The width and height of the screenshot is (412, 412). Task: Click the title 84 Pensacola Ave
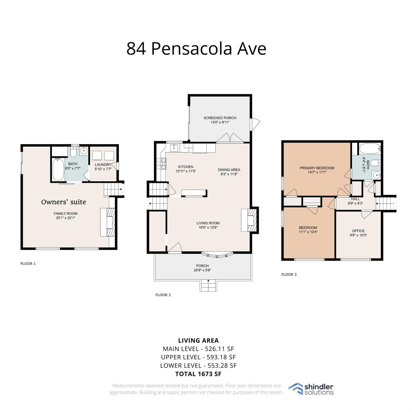point(196,48)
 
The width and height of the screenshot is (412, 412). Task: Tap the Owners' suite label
point(64,202)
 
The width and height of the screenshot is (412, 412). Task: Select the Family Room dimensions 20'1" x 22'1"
point(65,218)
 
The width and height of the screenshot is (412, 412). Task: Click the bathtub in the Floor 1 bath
point(58,170)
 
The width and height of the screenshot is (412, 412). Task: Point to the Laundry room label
point(103,165)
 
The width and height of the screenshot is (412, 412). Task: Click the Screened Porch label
point(220,118)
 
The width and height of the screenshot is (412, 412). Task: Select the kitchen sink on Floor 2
point(174,148)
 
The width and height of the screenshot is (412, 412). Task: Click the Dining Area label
point(229,170)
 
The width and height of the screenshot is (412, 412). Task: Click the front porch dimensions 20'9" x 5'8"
point(203,270)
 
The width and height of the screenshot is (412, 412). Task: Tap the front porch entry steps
point(208,286)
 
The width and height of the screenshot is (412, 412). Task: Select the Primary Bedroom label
point(317,168)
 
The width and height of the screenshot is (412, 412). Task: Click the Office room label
point(358,231)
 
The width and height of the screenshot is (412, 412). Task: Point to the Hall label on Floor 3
point(355,199)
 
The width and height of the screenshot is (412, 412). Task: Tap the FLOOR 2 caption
point(163,295)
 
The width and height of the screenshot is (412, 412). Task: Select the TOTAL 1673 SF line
point(198,374)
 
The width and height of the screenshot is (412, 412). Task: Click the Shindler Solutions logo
point(311,389)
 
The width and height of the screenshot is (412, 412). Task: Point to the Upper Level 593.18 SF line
point(198,357)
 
